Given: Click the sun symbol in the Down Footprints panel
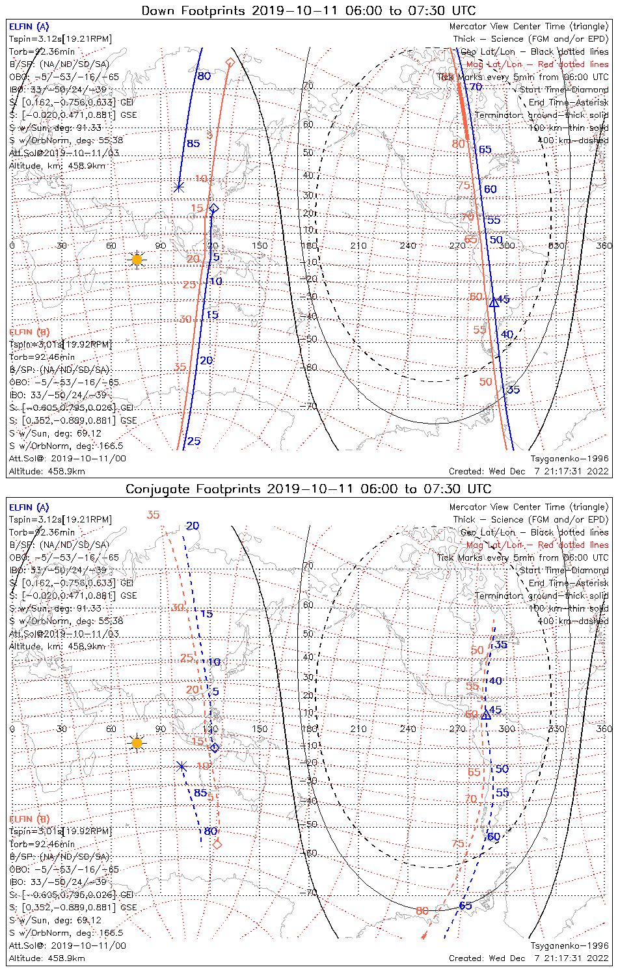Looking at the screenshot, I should pos(137,260).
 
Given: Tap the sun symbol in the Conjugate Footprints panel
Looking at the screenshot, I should pos(137,742).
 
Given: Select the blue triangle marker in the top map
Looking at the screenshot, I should pos(494,302).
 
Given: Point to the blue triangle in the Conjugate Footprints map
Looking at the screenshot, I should pos(485,714).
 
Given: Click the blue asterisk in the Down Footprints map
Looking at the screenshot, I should pos(178,187).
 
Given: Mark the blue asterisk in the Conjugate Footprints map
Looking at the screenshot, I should pos(181,766).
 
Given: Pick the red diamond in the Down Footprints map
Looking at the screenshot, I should pos(230,62).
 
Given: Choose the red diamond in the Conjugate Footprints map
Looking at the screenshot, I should pos(217,845).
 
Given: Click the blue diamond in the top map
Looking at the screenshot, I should pos(214,208).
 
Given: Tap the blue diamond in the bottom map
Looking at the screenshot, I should pos(215,748).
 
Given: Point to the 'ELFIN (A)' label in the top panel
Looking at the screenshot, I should pos(29,27).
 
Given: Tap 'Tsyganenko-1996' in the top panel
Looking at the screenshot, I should pos(569,459).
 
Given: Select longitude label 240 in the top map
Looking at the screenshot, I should pos(408,245).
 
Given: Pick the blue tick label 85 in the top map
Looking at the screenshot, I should pos(193,143).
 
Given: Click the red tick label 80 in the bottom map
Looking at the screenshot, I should pos(422,911).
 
